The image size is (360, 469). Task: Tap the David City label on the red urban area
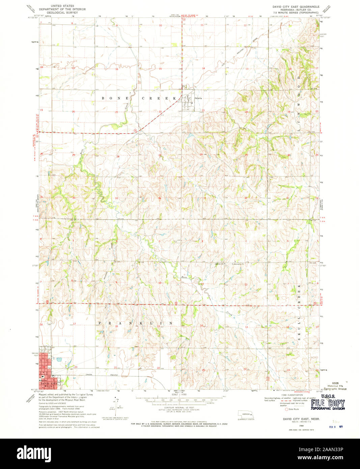point(47,384)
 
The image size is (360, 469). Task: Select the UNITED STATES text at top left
point(62,6)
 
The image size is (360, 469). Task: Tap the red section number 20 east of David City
point(76,367)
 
